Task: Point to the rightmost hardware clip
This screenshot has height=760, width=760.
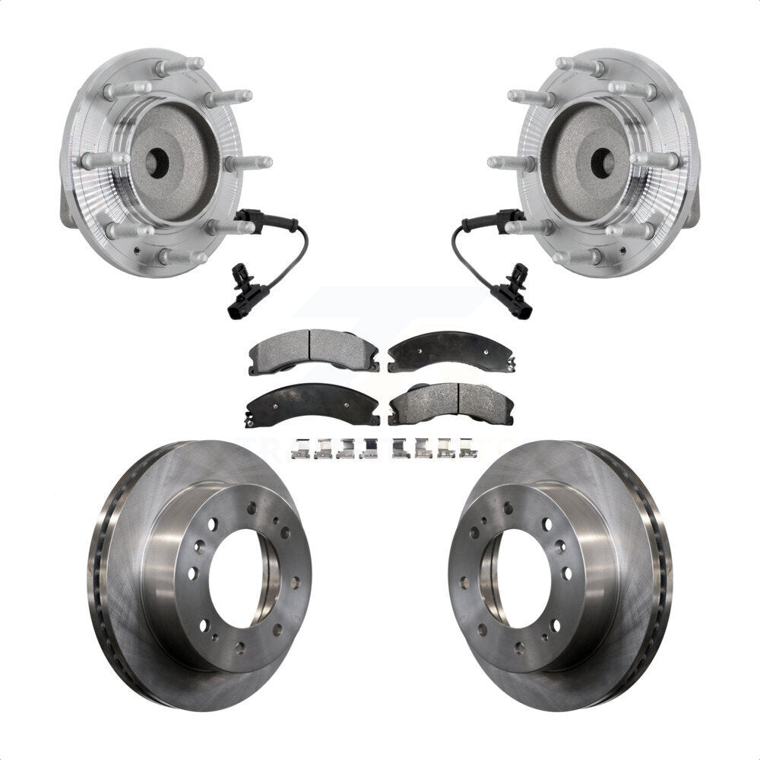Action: pyautogui.click(x=470, y=449)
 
